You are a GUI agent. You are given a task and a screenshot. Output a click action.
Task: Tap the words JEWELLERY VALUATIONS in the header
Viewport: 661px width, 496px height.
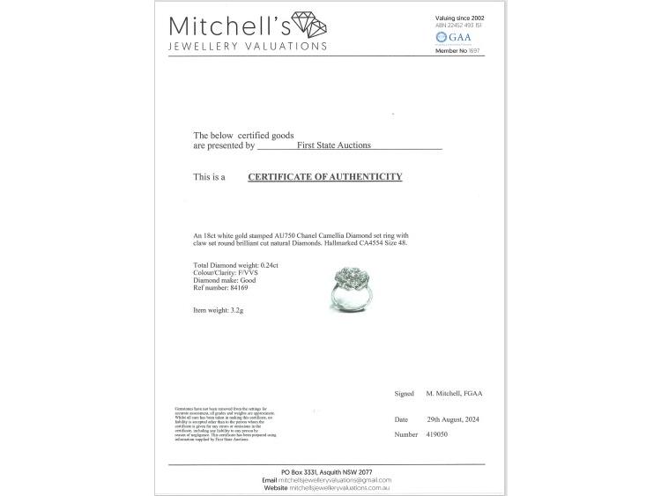pyautogui.click(x=249, y=46)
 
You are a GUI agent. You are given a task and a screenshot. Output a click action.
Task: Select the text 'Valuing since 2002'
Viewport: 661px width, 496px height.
pyautogui.click(x=460, y=18)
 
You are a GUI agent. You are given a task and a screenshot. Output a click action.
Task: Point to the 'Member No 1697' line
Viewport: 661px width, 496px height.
pyautogui.click(x=458, y=51)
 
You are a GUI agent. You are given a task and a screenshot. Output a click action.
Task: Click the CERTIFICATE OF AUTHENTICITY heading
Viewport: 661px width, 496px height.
pyautogui.click(x=324, y=177)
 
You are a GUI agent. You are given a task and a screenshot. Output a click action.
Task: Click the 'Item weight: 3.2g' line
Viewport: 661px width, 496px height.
pyautogui.click(x=219, y=311)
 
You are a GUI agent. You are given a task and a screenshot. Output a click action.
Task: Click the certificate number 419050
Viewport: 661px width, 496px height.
pyautogui.click(x=441, y=434)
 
